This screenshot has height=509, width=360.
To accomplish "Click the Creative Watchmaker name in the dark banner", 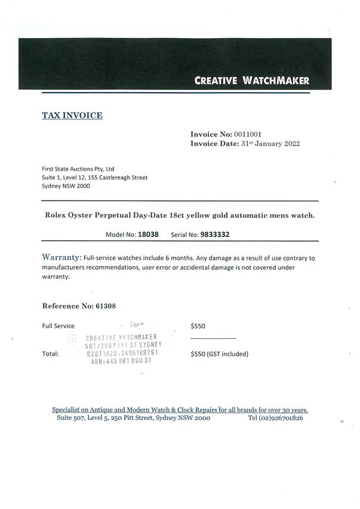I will [251, 81].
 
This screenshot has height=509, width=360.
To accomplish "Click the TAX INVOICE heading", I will [72, 115].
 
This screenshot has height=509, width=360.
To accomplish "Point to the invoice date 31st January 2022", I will [270, 143].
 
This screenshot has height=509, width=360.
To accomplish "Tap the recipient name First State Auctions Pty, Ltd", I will [78, 169].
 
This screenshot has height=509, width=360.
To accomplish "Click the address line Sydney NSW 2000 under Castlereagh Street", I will [66, 186].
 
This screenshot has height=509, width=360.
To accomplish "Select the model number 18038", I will [148, 235].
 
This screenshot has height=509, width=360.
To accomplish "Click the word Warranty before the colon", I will [61, 257].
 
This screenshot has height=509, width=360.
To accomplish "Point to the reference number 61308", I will [109, 306].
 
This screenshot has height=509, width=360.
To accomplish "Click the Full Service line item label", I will [58, 326].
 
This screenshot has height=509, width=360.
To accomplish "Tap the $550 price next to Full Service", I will [198, 326].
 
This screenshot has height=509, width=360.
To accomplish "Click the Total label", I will [50, 354].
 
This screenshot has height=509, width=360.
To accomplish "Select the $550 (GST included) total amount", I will [219, 354].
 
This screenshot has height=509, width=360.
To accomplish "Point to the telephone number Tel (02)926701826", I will [275, 418].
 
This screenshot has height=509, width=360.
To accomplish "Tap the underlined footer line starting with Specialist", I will [180, 410].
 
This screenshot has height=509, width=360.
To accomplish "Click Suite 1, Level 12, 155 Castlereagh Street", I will [94, 177].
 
